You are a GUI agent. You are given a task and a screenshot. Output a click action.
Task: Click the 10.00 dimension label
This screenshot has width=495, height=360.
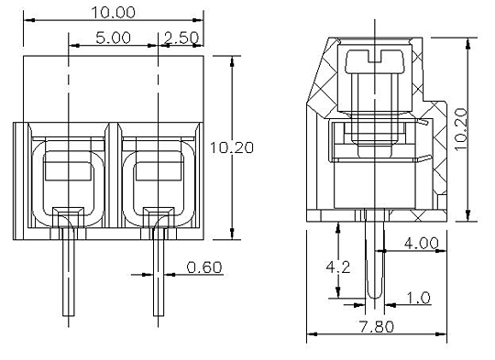point(114,12)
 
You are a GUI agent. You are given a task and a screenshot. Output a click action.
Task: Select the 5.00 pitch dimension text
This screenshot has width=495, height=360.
point(114,38)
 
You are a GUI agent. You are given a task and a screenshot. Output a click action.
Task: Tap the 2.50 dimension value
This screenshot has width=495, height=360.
point(181,38)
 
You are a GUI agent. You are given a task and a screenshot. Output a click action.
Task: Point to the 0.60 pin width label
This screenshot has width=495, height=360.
point(204,267)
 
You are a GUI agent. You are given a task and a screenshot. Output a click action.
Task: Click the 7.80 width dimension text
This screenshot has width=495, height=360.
point(377,326)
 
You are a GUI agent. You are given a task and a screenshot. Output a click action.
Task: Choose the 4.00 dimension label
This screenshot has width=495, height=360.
point(421,243)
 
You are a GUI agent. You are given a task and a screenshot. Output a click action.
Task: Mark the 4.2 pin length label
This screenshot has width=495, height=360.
point(338,267)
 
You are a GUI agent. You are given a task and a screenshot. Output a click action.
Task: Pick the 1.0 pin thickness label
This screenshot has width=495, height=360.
point(418,298)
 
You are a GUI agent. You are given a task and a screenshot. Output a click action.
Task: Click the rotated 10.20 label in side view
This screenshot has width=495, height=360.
point(461,130)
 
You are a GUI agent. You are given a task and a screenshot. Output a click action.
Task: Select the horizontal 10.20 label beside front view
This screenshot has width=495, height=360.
point(232,147)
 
